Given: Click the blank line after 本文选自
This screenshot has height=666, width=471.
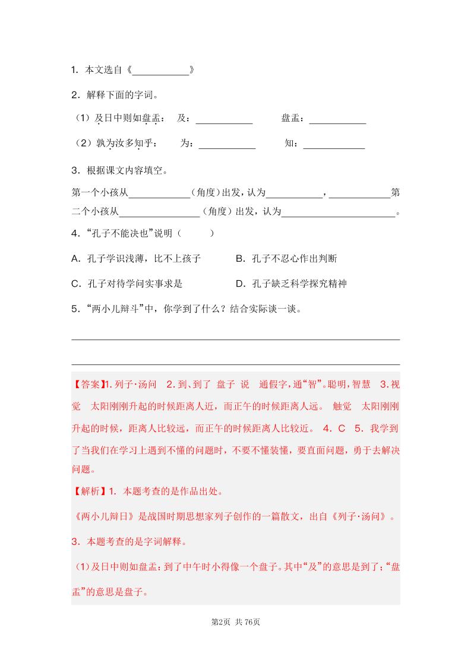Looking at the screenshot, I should [160, 71].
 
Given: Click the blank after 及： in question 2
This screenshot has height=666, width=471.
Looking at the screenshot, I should [224, 119].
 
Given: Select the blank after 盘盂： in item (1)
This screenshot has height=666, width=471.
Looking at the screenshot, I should [337, 119].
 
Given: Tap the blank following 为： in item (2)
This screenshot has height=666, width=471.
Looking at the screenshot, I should [227, 144].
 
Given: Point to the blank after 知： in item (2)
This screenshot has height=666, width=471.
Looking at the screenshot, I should [334, 144].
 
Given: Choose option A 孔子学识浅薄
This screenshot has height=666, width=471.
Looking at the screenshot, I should [136, 259].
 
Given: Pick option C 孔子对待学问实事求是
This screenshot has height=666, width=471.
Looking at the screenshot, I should [134, 284].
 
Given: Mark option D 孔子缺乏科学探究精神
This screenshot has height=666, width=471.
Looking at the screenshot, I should [291, 284].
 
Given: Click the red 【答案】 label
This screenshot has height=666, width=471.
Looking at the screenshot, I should [88, 384].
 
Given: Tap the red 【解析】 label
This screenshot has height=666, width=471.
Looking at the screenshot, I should [88, 491].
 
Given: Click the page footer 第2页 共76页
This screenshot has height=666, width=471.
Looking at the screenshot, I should [236, 621].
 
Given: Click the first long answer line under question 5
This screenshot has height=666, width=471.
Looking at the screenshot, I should [235, 339].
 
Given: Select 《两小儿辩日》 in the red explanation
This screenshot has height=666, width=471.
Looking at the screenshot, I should [99, 516].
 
